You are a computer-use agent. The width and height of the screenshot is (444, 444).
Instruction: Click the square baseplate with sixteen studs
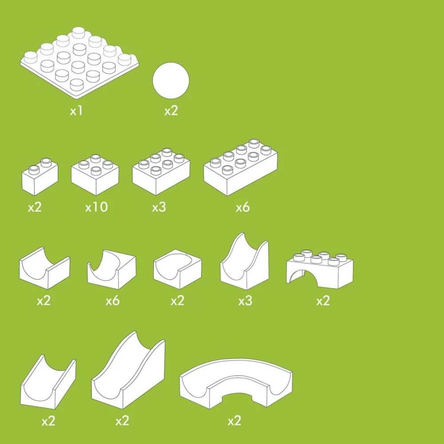(x=79, y=63)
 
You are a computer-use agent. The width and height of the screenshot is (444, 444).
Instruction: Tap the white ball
(x=171, y=80)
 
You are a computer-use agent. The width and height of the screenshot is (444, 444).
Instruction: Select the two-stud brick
(x=40, y=177)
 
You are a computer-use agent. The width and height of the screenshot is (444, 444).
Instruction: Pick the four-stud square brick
(x=95, y=175)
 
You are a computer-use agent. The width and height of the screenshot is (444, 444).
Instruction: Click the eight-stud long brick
(x=240, y=168)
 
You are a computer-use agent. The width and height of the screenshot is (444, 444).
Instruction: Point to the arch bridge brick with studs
(x=320, y=269)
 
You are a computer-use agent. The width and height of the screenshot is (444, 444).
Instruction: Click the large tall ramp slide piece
(x=128, y=371)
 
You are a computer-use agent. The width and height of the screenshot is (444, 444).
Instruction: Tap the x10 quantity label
(x=96, y=207)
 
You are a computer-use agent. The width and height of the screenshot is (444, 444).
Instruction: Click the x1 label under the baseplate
(x=76, y=111)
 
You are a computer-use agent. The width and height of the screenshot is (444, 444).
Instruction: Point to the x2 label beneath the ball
(x=171, y=111)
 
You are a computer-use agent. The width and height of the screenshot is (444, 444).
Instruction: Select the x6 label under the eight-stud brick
(x=243, y=207)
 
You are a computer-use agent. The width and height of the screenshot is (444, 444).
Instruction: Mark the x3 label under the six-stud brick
(x=159, y=207)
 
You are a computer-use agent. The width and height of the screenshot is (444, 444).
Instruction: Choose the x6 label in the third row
(x=113, y=301)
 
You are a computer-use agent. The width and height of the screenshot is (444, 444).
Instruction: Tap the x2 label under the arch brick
(x=323, y=301)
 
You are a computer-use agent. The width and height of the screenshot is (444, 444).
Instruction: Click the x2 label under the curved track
(x=234, y=421)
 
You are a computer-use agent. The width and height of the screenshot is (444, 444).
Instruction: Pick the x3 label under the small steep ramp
(x=245, y=301)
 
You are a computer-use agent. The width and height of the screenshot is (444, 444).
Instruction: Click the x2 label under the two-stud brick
(x=35, y=207)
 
